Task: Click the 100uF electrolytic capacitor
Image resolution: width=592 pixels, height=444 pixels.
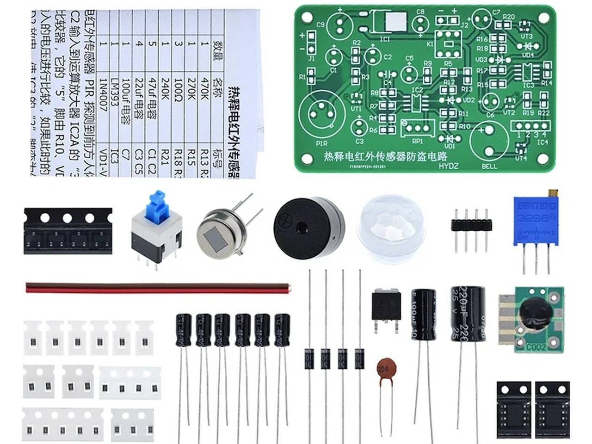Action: click(x=424, y=314)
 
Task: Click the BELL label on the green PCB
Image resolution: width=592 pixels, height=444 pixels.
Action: click(x=489, y=166)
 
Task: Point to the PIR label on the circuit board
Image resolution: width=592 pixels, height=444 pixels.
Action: click(x=321, y=143)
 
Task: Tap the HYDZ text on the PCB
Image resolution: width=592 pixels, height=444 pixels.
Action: click(x=448, y=166)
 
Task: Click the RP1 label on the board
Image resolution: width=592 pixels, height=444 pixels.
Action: click(x=417, y=141)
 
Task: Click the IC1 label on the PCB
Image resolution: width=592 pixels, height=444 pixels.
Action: click(x=385, y=39)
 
